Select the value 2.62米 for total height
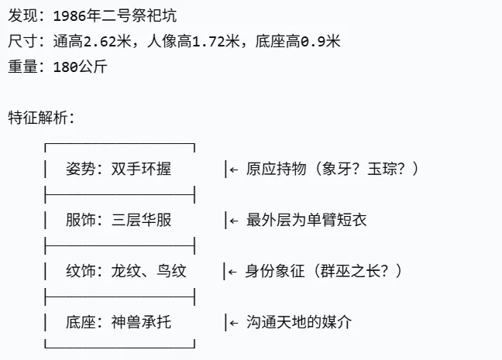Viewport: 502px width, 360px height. (97, 41)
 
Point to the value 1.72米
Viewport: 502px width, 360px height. (210, 41)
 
